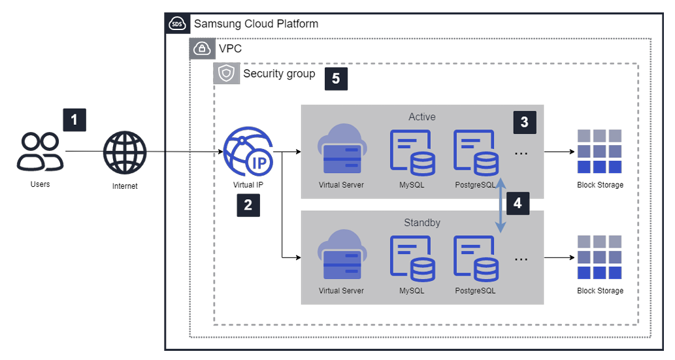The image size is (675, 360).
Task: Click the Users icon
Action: pos(40,152)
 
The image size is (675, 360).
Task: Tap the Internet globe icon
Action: pos(125,153)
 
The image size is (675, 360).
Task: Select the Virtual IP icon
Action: pos(248,152)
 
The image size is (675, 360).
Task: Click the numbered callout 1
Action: pos(74,120)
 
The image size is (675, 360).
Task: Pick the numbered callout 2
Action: pos(248,205)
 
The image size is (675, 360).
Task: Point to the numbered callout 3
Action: pos(524,122)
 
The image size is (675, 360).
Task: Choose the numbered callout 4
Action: pos(518,203)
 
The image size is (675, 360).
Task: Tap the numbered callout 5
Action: pos(336,78)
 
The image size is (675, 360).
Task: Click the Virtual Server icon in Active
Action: pos(341,150)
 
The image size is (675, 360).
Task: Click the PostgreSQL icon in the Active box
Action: pos(475,152)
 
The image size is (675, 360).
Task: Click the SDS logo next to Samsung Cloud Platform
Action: pos(177,24)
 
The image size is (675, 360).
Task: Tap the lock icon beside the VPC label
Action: pos(202,48)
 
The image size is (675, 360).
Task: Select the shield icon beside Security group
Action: pos(226,74)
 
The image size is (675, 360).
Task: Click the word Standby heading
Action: pos(422,223)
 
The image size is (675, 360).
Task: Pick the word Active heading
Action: pos(422,117)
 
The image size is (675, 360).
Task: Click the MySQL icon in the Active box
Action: pos(412,152)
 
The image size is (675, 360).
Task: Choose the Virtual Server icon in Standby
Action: pos(341,256)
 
